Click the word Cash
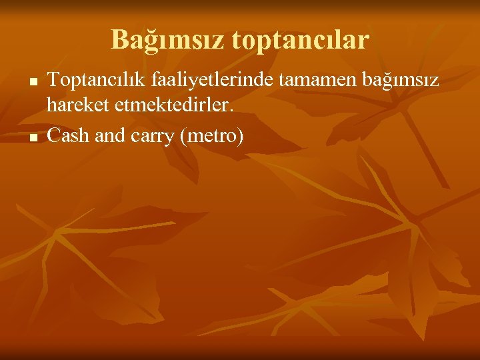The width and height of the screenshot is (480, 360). click(69, 136)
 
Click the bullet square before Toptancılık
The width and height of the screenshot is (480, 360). click(32, 82)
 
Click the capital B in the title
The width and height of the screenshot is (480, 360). click(119, 40)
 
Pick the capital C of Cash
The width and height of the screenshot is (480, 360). click(53, 136)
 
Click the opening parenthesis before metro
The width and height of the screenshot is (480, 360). click(182, 137)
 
